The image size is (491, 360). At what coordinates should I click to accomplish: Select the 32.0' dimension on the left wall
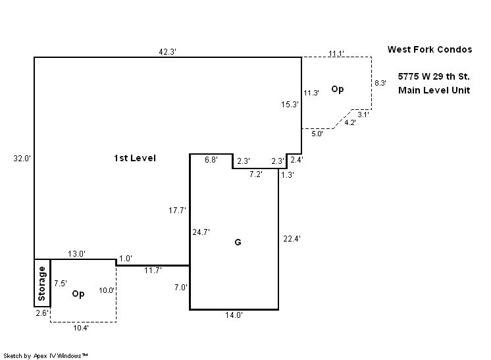click(x=23, y=158)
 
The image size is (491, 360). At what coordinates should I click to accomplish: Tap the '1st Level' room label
click(x=134, y=158)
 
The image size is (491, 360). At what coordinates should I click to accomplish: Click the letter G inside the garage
click(x=238, y=242)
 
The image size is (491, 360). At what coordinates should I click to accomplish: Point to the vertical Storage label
click(x=42, y=282)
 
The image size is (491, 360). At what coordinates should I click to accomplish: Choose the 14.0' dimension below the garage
click(x=234, y=316)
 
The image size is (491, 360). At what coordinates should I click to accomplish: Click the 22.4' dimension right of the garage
click(x=291, y=238)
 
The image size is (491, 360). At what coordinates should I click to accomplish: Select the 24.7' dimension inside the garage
click(x=201, y=232)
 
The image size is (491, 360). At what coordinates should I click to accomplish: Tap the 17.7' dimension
click(x=178, y=211)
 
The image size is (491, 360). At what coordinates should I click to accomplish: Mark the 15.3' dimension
click(x=290, y=104)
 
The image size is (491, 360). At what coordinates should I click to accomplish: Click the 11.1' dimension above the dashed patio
click(x=336, y=53)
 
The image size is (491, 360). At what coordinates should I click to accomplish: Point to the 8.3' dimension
click(x=380, y=83)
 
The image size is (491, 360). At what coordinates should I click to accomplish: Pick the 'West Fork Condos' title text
click(x=430, y=49)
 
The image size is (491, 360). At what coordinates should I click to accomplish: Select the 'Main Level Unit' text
click(x=434, y=90)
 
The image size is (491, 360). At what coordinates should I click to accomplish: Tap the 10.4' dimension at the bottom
click(x=82, y=327)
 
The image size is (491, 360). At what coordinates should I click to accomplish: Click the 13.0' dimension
click(x=77, y=254)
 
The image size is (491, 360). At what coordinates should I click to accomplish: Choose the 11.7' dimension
click(x=153, y=270)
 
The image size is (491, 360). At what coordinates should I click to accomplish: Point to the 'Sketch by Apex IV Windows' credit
click(x=46, y=355)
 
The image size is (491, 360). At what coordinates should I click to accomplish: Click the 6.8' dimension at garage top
click(x=211, y=160)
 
